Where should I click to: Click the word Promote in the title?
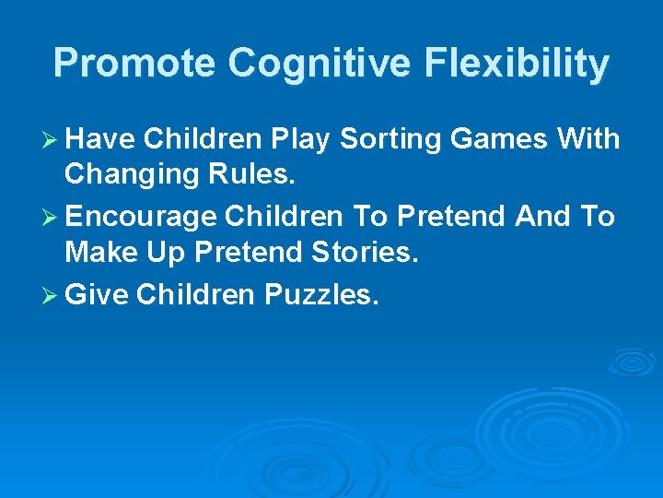(135, 64)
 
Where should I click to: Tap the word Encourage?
(142, 218)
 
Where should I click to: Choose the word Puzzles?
(321, 295)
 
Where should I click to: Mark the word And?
(543, 217)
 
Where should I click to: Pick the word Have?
(101, 139)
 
